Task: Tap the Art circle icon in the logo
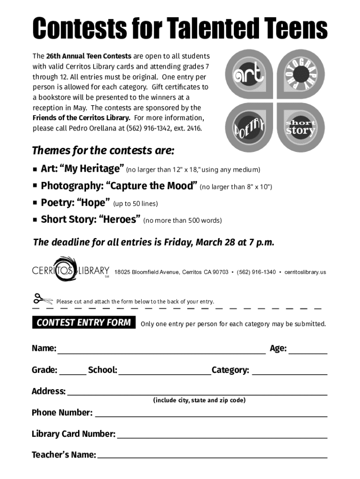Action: [x=249, y=74]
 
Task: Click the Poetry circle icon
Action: [x=249, y=126]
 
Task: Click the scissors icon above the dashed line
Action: [x=43, y=299]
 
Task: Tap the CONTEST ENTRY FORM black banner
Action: [x=84, y=323]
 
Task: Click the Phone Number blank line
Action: [x=210, y=414]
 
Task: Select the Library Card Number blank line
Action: [x=222, y=435]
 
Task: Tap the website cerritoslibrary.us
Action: [x=305, y=272]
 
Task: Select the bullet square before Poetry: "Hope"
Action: [x=35, y=203]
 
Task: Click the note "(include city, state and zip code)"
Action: [x=199, y=400]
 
